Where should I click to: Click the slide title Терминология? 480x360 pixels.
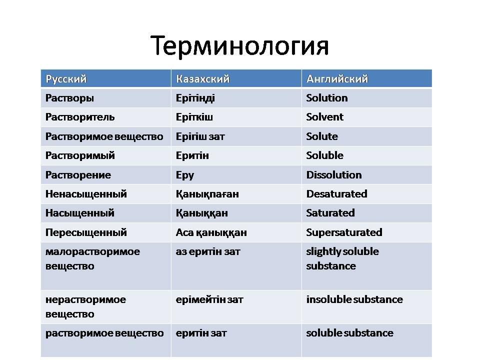click(239, 46)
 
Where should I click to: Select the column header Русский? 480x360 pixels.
click(66, 79)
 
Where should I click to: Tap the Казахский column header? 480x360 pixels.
click(202, 79)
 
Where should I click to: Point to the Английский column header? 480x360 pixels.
click(337, 79)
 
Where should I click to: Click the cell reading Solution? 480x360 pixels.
click(327, 98)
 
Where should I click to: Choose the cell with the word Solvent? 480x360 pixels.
click(325, 117)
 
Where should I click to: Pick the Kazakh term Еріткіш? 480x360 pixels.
click(194, 117)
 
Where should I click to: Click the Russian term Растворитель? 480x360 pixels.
click(80, 117)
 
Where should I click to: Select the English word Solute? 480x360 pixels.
click(322, 136)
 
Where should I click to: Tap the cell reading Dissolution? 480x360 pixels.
click(334, 175)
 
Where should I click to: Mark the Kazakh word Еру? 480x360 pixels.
click(185, 175)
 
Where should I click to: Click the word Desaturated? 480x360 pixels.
click(336, 194)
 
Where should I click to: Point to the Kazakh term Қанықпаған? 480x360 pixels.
click(207, 194)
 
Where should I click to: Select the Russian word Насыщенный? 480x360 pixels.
click(80, 213)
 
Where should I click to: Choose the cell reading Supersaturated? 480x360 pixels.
click(344, 232)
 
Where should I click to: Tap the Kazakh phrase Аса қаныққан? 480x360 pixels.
click(211, 233)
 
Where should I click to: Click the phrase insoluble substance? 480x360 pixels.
click(354, 299)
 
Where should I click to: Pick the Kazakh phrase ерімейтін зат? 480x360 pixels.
click(209, 299)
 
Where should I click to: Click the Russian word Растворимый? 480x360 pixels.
click(80, 156)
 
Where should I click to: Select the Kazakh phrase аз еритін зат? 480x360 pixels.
click(208, 251)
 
